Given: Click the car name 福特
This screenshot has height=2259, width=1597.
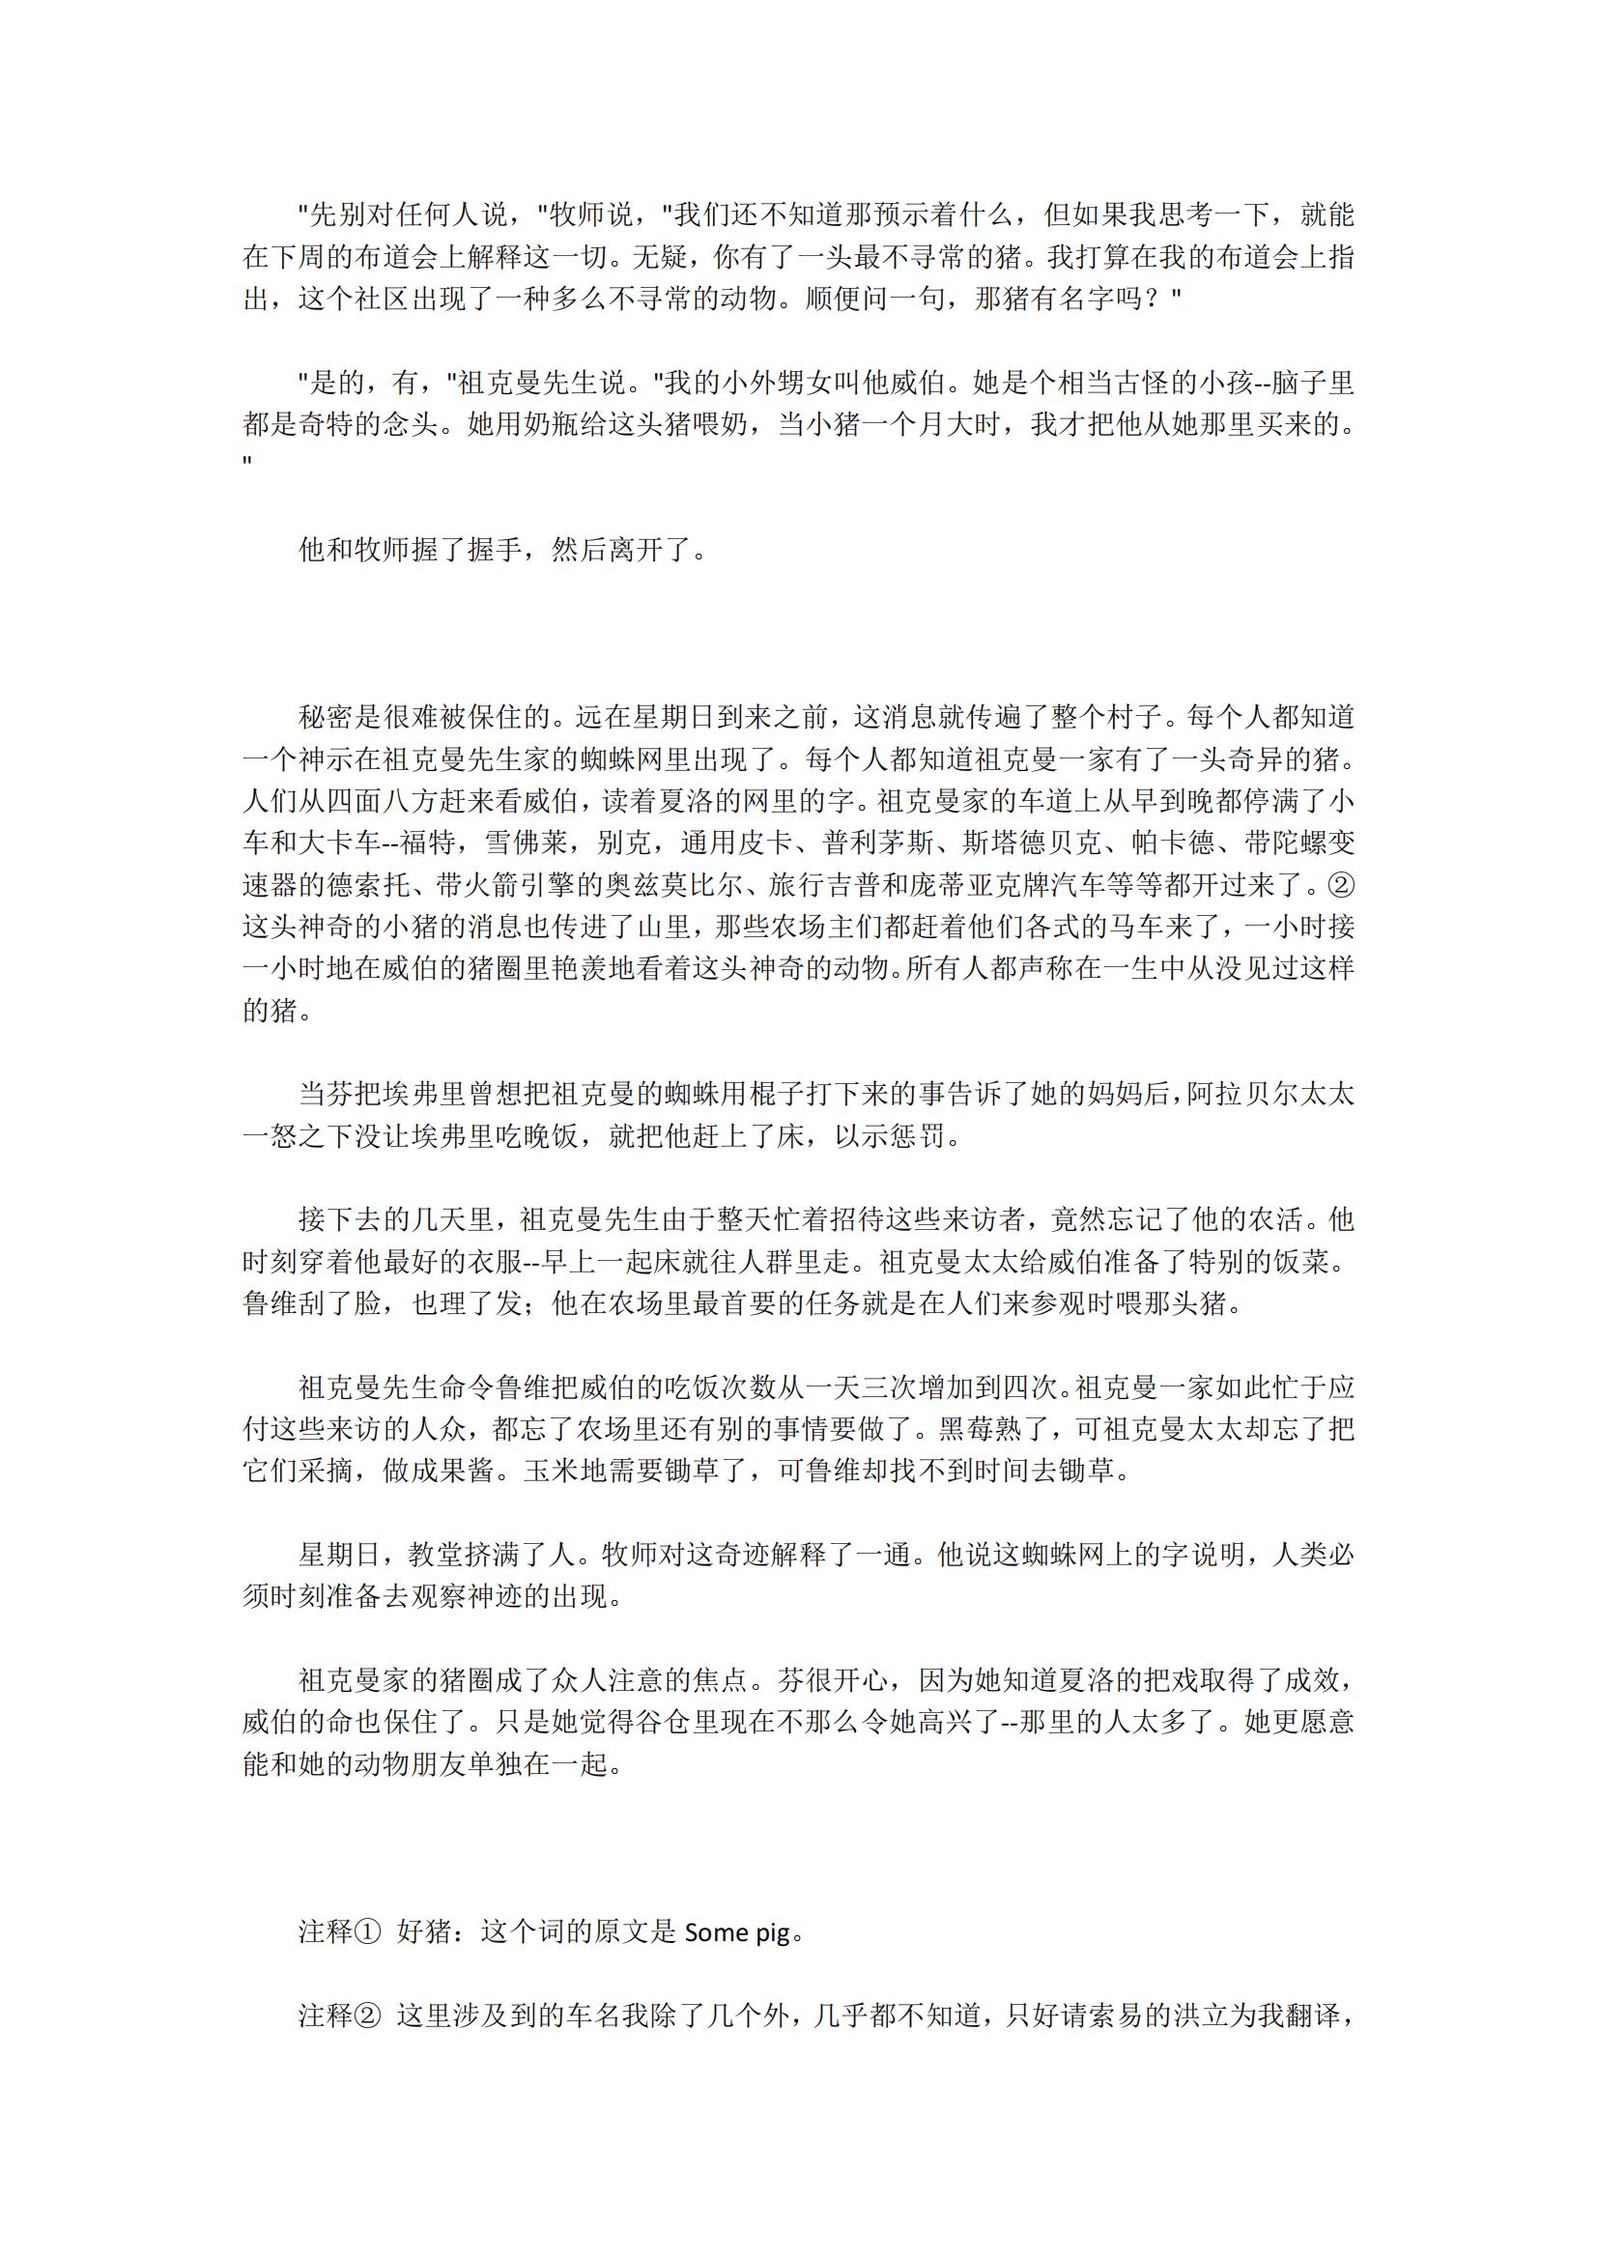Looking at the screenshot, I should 424,844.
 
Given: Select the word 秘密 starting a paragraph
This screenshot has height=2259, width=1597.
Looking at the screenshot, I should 326,717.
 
